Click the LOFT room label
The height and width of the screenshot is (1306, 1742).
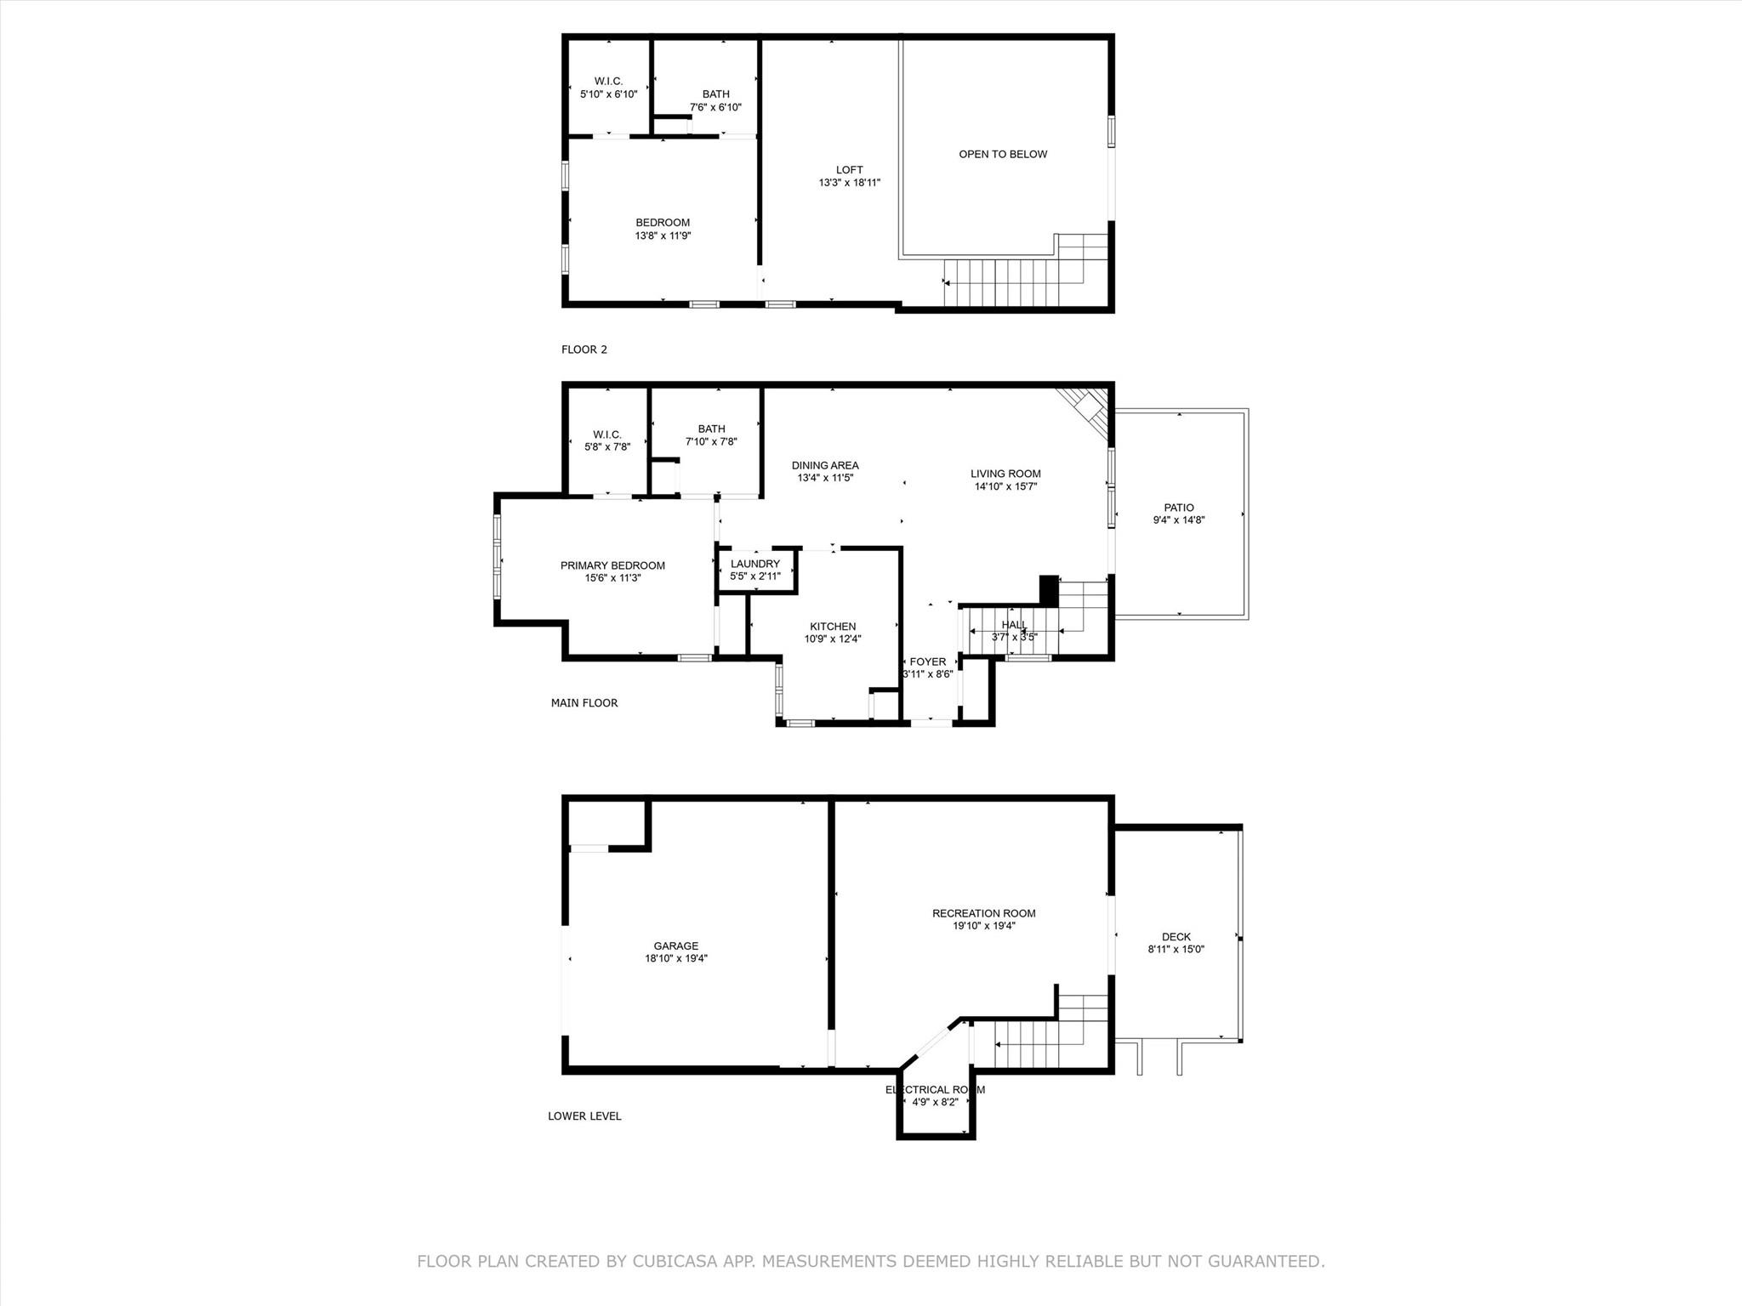(x=849, y=170)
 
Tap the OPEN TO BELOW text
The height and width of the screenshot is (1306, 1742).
(x=1003, y=155)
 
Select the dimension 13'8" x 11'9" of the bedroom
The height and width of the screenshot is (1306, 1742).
(x=663, y=236)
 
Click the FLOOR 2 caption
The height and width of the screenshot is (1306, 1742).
(x=584, y=349)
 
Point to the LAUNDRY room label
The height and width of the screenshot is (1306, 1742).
(x=754, y=564)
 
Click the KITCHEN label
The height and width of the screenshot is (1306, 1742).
(x=833, y=627)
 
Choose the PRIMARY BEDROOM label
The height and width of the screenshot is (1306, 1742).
(x=612, y=565)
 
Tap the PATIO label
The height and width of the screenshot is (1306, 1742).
(x=1179, y=508)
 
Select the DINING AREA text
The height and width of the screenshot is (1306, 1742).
(x=825, y=465)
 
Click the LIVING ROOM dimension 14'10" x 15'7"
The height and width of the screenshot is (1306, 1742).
(x=1005, y=487)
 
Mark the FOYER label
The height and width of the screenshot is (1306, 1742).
(x=927, y=662)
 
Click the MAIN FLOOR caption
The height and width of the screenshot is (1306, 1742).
(x=584, y=703)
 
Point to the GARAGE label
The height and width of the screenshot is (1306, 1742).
(x=676, y=945)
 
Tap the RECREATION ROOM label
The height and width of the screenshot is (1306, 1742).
(x=984, y=913)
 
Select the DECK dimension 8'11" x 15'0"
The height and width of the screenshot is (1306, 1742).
(x=1176, y=950)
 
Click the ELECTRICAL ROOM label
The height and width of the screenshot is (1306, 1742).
(x=935, y=1089)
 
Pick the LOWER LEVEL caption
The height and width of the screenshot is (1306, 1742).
(x=584, y=1116)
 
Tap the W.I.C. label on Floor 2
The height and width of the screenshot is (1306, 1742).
(x=608, y=82)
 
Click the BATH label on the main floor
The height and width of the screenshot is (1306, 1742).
(x=711, y=429)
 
